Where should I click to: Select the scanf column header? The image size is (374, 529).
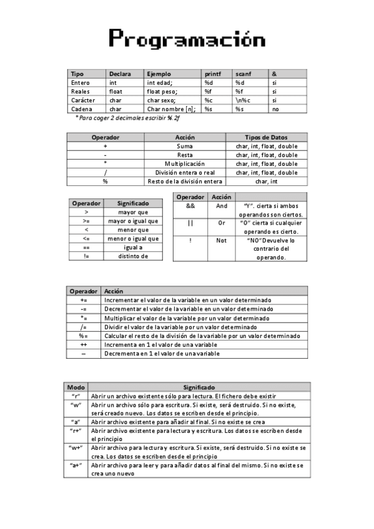(244, 74)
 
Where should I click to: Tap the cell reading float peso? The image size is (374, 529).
(160, 91)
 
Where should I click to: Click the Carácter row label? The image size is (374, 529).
(84, 100)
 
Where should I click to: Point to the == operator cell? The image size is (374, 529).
(86, 247)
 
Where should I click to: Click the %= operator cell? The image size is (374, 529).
(83, 336)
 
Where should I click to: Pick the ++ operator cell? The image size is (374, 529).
(83, 344)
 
